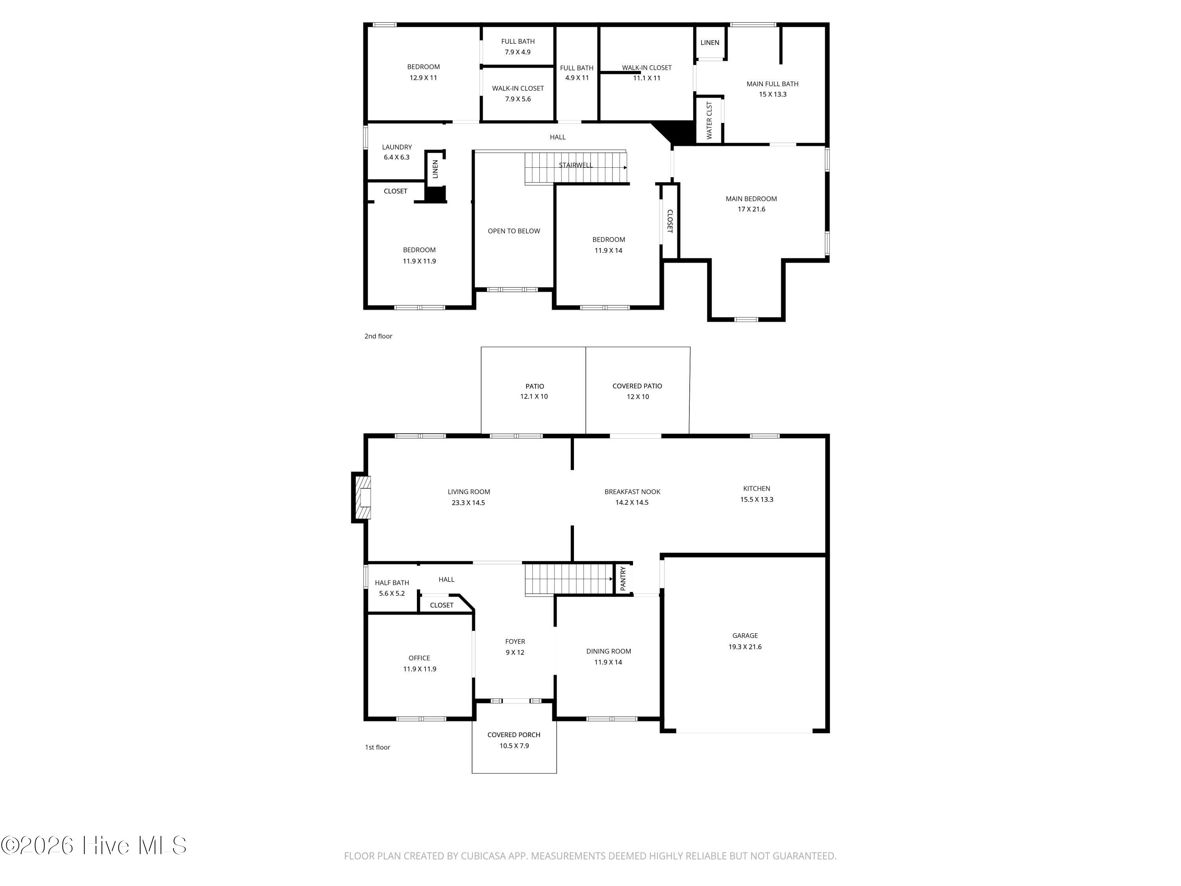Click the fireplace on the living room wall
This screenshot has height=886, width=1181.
click(x=361, y=497)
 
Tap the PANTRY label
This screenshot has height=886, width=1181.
click(x=623, y=578)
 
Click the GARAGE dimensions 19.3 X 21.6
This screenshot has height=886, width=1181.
click(x=745, y=647)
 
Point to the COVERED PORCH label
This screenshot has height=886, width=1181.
click(x=514, y=735)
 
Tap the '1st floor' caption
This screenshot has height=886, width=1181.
click(x=378, y=747)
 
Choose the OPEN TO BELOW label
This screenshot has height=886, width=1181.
click(x=514, y=231)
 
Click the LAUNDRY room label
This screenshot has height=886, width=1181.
click(x=397, y=147)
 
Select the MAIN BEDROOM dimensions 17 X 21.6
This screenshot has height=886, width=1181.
click(x=751, y=209)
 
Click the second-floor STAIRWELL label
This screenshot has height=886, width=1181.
click(x=576, y=165)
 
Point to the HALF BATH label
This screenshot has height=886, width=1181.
click(x=392, y=583)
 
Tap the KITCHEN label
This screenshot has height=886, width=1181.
click(x=757, y=489)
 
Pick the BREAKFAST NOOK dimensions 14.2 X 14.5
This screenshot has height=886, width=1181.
click(x=631, y=502)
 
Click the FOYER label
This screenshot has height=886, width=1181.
click(x=515, y=641)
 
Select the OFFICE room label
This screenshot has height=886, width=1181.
click(x=419, y=658)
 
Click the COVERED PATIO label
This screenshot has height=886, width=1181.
click(x=637, y=386)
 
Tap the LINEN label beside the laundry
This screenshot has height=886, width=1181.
click(x=435, y=169)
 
